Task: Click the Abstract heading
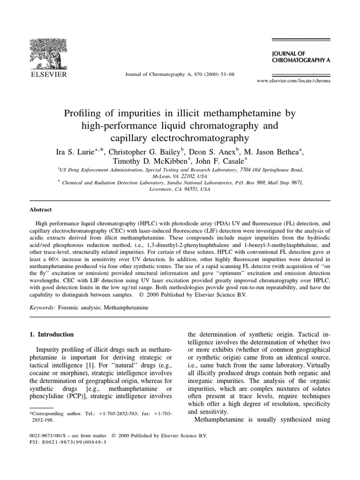41,210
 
